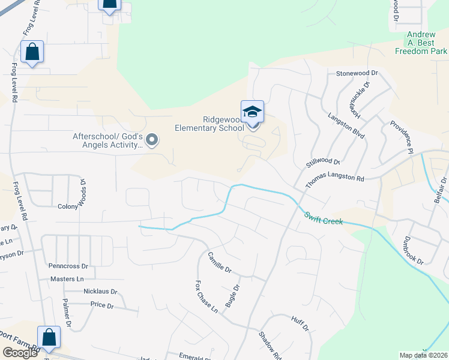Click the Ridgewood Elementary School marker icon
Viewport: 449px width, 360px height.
point(252,112)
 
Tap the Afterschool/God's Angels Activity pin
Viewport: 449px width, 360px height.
point(152,140)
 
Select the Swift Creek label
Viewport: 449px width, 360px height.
point(324,218)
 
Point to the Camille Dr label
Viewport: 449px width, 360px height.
point(220,262)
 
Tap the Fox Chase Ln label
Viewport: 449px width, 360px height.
point(206,296)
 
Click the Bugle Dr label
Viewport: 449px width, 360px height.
point(232,296)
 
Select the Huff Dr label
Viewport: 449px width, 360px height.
point(300,325)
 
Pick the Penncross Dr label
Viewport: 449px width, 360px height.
point(68,265)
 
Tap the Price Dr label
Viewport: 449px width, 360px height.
point(101,305)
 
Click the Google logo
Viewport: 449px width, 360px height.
point(20,353)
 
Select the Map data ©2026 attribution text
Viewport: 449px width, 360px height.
point(423,355)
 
